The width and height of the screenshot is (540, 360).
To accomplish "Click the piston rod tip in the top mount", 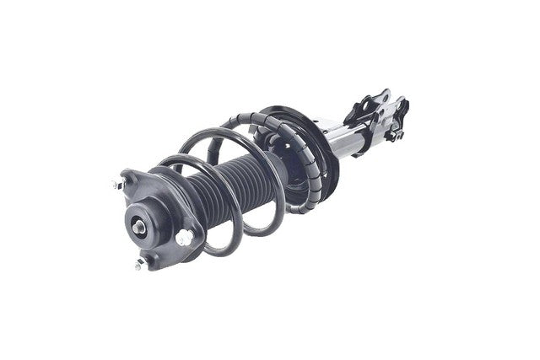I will (x=138, y=226).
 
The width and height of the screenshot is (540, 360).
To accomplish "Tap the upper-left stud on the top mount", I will (x=116, y=184).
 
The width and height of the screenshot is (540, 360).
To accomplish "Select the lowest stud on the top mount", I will (x=139, y=264).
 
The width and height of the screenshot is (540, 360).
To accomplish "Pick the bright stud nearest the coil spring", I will (x=183, y=238).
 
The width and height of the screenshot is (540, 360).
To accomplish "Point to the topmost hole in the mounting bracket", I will (x=385, y=95).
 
